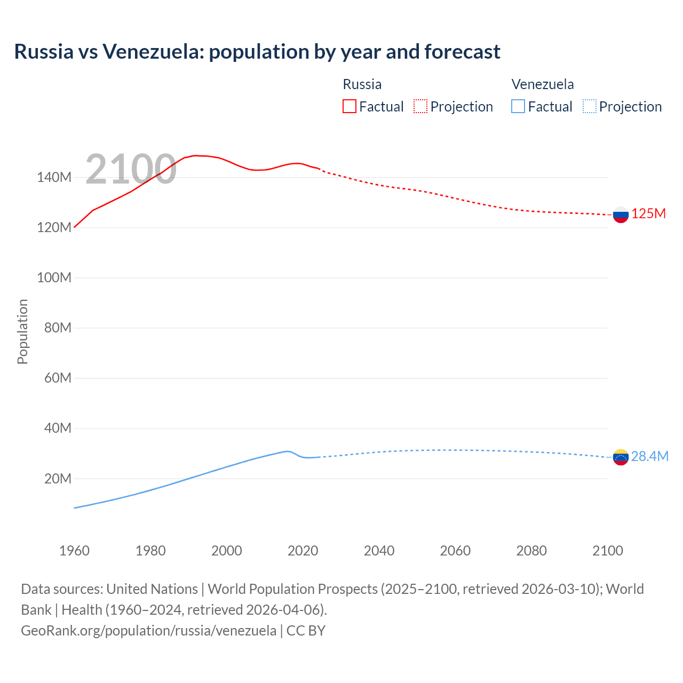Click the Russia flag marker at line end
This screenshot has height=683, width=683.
coord(621,215)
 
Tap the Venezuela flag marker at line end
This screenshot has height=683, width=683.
coord(621,457)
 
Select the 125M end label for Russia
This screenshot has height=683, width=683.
coord(648,214)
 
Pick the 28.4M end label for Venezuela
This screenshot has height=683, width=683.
coord(649,456)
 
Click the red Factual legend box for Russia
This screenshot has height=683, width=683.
coord(349,106)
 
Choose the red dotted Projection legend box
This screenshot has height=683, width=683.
coord(420,106)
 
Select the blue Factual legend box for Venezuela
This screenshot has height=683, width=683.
coord(518,106)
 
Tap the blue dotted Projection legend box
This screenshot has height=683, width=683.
coord(590,106)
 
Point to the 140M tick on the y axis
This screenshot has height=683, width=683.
coord(54,178)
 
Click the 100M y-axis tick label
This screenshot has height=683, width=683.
coord(54,278)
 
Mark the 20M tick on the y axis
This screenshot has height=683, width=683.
coord(58,479)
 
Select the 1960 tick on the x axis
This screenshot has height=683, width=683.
coord(74,551)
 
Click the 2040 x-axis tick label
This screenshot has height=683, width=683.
coord(379,551)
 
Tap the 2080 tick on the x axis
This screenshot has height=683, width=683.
coord(531,551)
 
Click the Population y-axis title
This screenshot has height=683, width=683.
coord(22,331)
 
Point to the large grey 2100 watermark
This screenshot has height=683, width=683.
coord(131,169)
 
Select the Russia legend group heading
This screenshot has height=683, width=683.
coord(362,84)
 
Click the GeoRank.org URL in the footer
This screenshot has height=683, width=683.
coord(148,630)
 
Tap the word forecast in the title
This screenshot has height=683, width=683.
coord(462,52)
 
